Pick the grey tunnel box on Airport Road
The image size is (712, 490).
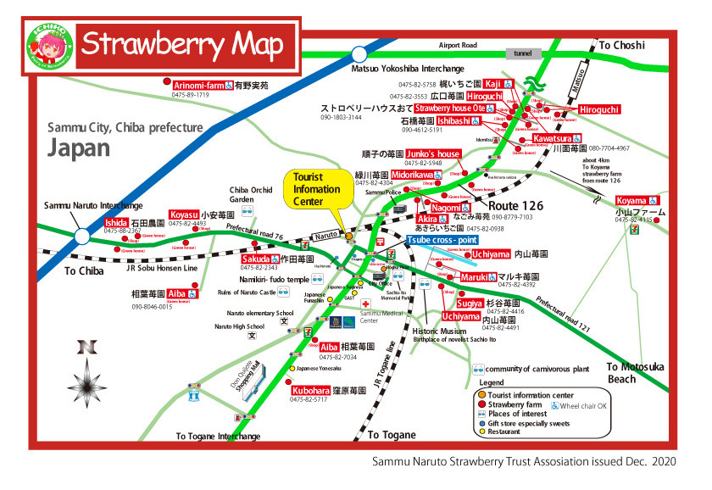point(523,53)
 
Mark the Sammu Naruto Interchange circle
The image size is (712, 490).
point(83,235)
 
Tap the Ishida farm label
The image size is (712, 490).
point(116,222)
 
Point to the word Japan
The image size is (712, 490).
point(79,148)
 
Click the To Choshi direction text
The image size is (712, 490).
point(623,45)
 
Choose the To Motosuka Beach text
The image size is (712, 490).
point(635,373)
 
